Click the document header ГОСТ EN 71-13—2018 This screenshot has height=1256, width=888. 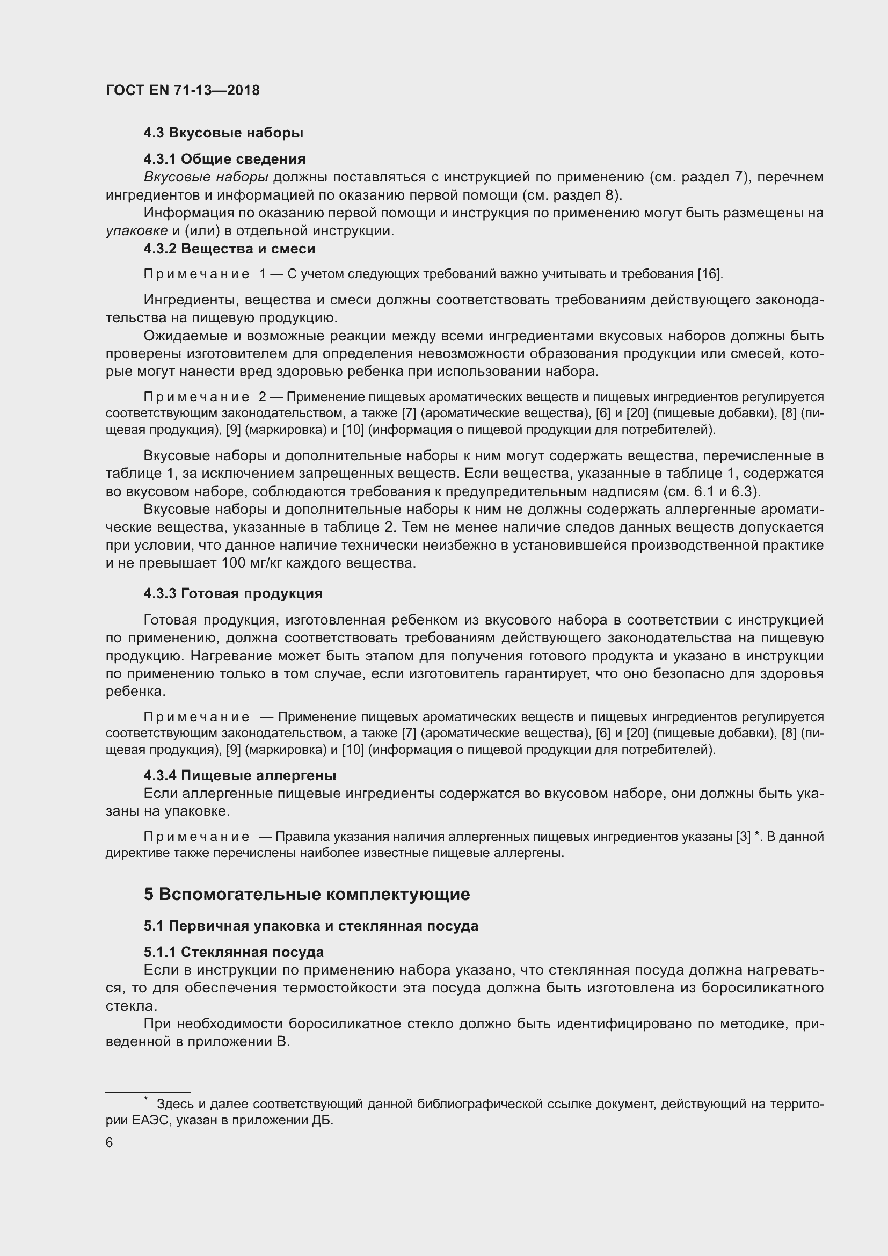(183, 90)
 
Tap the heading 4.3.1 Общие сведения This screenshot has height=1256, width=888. (224, 159)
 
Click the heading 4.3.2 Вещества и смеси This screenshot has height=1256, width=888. (229, 249)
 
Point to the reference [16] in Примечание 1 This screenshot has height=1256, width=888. (709, 274)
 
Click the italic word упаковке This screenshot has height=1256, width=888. (137, 231)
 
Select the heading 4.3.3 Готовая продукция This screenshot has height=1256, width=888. (233, 593)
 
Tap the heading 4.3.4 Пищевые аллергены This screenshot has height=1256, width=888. (239, 775)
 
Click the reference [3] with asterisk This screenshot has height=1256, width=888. (747, 837)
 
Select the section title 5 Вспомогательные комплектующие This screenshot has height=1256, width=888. (307, 895)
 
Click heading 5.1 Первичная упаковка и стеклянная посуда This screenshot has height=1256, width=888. (310, 926)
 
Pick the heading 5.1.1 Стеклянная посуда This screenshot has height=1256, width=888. (234, 953)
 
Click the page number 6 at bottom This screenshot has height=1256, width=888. (110, 1143)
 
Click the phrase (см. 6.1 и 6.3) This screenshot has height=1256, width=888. (711, 491)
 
